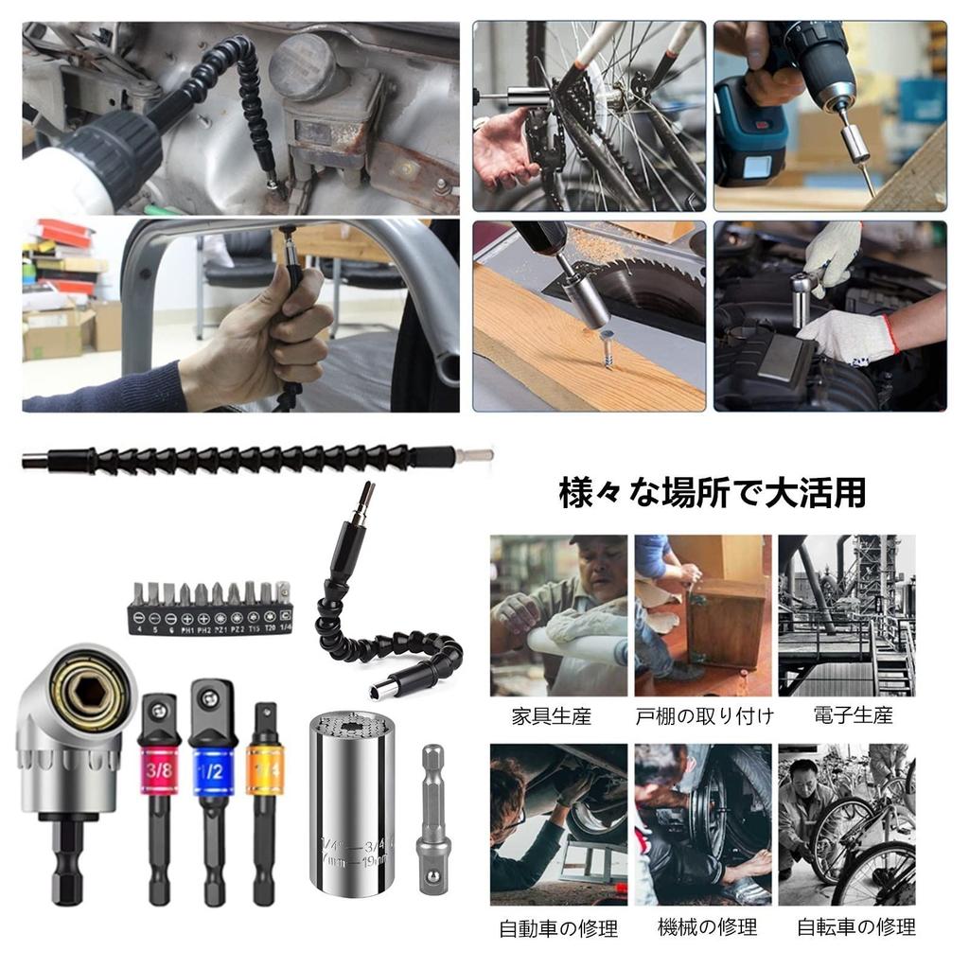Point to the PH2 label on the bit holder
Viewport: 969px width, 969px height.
[203, 627]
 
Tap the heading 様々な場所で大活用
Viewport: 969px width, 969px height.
[712, 493]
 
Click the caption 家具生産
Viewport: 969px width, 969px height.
[552, 716]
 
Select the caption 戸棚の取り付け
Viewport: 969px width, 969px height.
[703, 716]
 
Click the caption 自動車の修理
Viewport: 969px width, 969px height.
[558, 928]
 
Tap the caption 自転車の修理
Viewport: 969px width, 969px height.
[855, 927]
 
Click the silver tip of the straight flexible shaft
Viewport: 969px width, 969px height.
[478, 457]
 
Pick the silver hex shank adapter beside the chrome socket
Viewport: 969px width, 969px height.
[433, 804]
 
